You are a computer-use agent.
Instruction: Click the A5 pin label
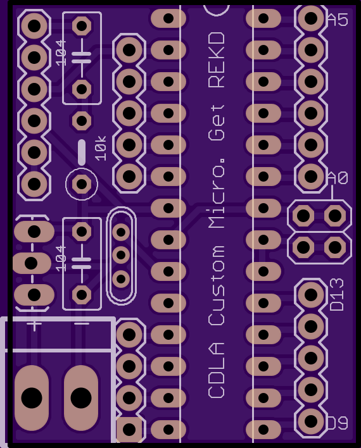338,20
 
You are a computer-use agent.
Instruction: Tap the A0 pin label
338,178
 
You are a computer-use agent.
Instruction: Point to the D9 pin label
338,423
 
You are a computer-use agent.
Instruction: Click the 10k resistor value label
101,148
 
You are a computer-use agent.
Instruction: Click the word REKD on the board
217,60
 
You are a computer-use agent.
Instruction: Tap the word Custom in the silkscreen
217,285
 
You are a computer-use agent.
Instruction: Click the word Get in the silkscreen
217,123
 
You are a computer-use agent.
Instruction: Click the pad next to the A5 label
311,18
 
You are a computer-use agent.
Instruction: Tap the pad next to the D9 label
311,421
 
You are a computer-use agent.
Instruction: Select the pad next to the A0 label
311,177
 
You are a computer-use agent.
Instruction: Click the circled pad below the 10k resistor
82,184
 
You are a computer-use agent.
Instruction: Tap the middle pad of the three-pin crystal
121,255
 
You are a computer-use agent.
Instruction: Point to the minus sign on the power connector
82,324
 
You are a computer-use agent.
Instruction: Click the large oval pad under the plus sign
32,398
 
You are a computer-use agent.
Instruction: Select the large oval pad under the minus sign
81,398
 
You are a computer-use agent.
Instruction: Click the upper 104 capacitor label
61,53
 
